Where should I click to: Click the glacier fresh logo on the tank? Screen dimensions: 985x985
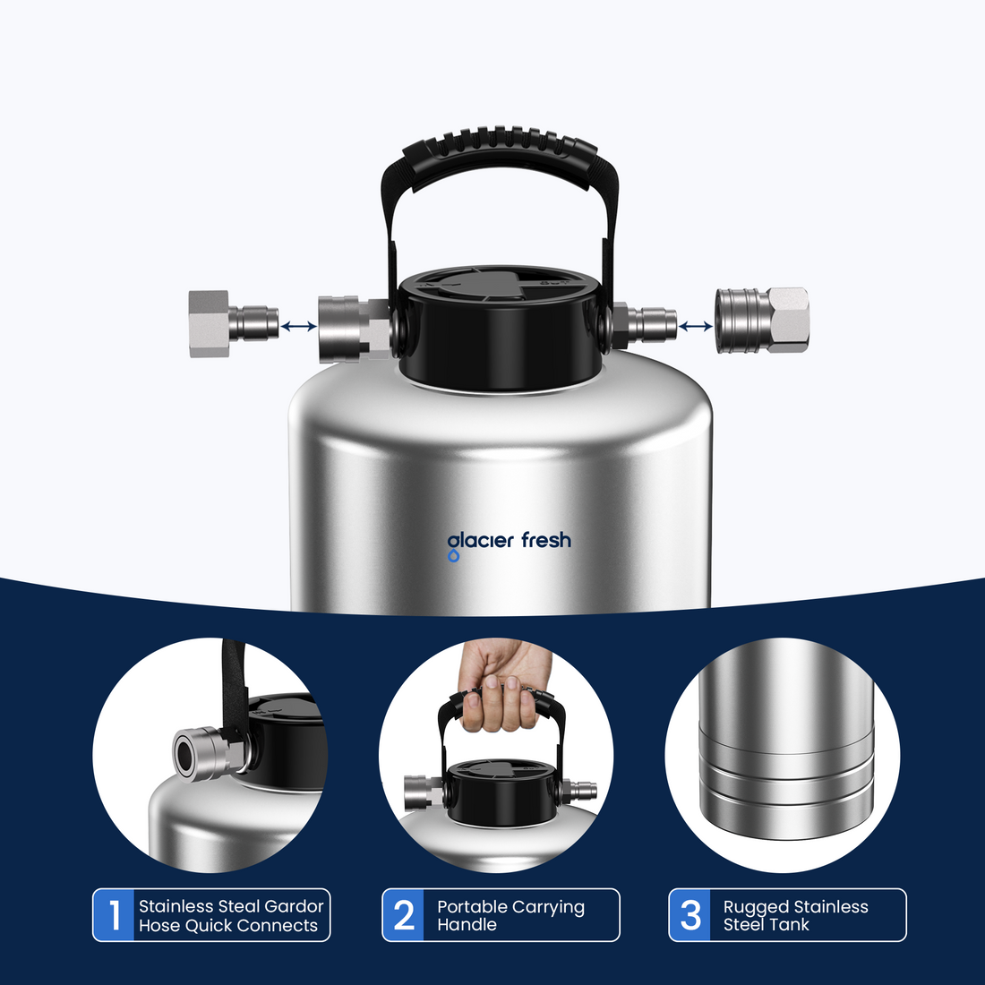click(x=509, y=541)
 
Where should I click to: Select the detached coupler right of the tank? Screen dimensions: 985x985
click(x=762, y=321)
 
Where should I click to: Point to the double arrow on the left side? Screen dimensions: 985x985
click(x=298, y=327)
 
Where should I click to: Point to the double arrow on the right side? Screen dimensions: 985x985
click(x=696, y=327)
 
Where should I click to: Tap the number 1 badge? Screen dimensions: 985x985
click(x=114, y=915)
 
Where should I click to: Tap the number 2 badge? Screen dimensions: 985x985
click(x=404, y=915)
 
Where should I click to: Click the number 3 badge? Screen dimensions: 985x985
click(x=690, y=915)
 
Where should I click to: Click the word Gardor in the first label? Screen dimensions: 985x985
click(x=294, y=906)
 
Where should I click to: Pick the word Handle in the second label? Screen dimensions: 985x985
click(x=466, y=925)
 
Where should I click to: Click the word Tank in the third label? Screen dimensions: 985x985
click(x=792, y=925)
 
